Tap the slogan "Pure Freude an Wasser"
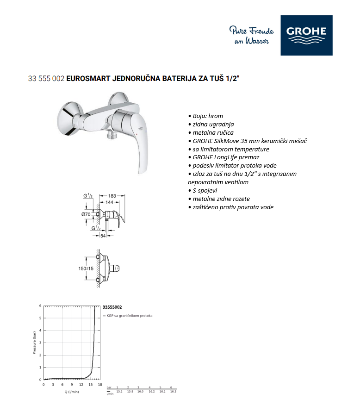[251, 35]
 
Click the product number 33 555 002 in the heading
[46, 78]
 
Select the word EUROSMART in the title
[88, 78]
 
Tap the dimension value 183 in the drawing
[112, 196]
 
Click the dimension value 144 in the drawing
[110, 202]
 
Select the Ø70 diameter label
[86, 214]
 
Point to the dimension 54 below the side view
[103, 236]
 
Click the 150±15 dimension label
[86, 269]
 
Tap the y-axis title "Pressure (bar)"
[34, 343]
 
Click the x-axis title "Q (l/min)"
[72, 392]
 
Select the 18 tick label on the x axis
[100, 385]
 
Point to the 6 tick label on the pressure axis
[40, 306]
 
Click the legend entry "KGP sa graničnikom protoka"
[130, 316]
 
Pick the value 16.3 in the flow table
[173, 392]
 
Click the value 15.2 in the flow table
[119, 392]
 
